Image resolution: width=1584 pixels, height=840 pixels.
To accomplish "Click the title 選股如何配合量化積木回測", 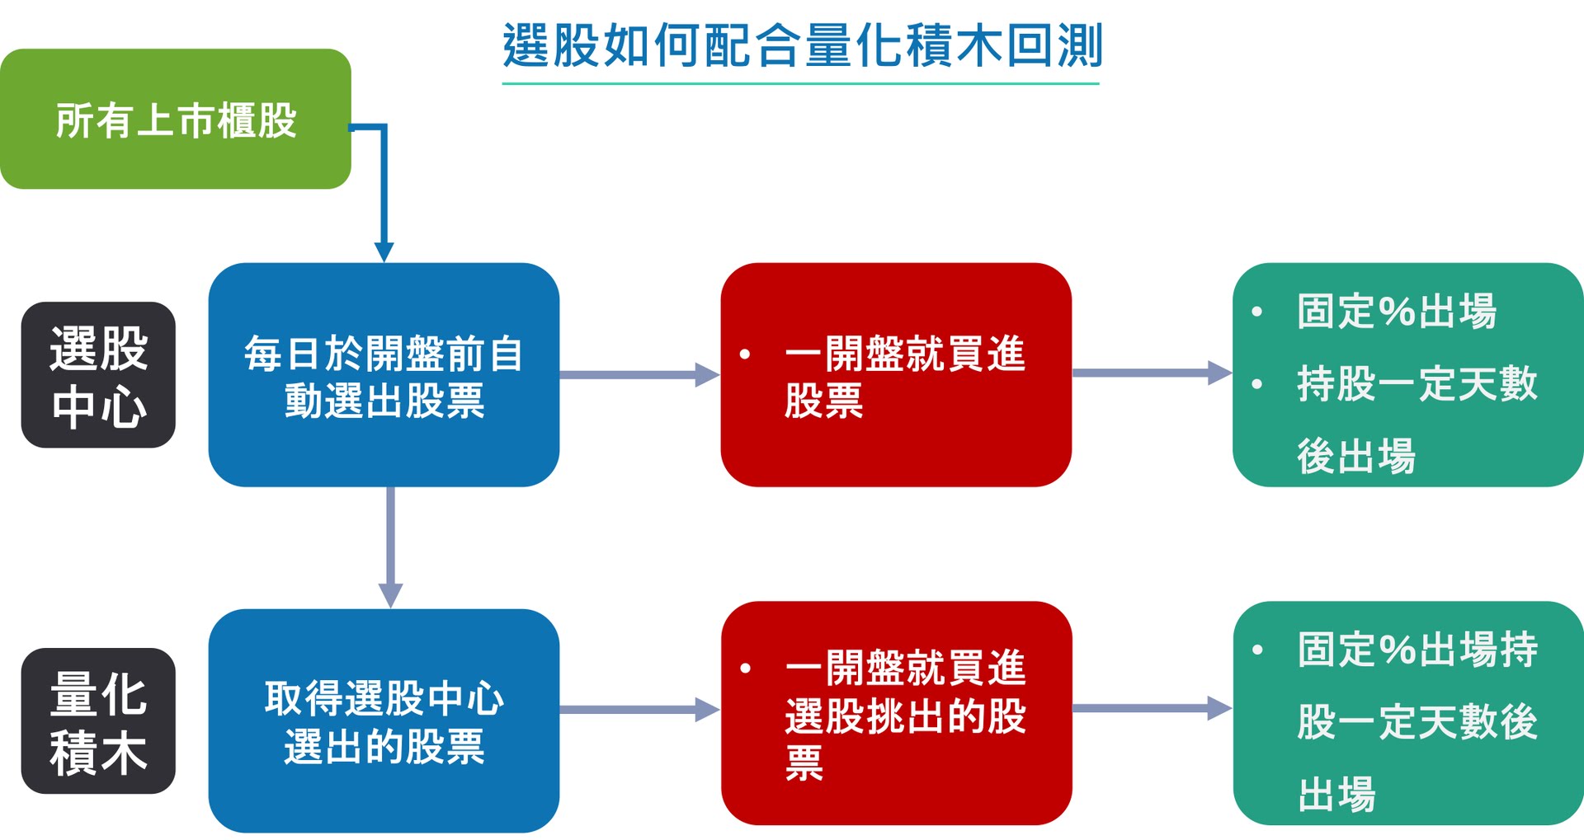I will click(x=801, y=45).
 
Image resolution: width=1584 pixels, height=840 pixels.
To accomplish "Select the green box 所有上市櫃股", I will click(x=175, y=120).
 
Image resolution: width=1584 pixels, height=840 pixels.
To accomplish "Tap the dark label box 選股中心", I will click(x=98, y=375).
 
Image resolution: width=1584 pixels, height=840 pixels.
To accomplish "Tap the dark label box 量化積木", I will click(x=98, y=721).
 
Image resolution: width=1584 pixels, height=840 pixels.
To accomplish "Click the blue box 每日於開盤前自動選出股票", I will click(x=384, y=375).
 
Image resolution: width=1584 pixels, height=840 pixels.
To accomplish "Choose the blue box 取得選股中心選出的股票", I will click(x=384, y=721).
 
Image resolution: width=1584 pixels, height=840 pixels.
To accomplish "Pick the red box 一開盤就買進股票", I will click(x=896, y=375).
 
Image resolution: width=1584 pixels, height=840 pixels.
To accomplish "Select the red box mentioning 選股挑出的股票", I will click(x=896, y=714).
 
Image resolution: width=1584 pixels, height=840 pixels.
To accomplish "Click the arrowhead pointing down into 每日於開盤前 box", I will click(x=384, y=251).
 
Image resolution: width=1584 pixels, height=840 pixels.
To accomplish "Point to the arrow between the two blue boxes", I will click(x=390, y=548).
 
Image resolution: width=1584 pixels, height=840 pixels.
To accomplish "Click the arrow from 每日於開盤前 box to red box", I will click(x=639, y=375).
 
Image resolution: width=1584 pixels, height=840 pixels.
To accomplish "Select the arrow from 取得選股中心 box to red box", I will click(x=639, y=709).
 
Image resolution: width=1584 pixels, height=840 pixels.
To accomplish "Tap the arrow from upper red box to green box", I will click(x=1152, y=373).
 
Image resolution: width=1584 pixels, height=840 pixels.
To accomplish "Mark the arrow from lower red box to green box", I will click(x=1152, y=708).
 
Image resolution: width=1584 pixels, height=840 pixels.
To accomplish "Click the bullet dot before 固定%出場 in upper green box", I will click(x=1257, y=312).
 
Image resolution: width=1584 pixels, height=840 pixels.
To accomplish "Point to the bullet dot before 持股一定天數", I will click(x=1257, y=384).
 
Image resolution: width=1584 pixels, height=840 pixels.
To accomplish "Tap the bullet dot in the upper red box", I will click(x=745, y=354).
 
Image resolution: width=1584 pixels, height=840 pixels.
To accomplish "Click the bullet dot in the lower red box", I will click(x=745, y=668).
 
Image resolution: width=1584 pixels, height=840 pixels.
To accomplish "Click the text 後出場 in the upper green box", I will click(x=1355, y=457).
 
